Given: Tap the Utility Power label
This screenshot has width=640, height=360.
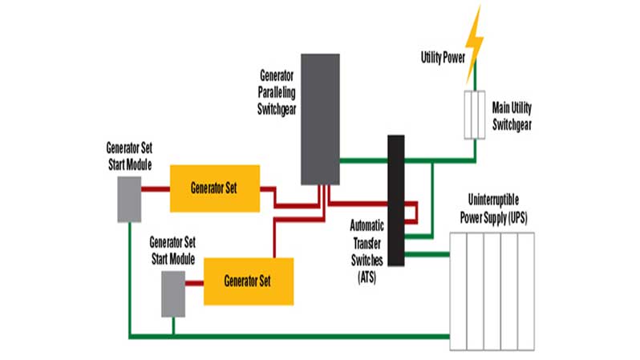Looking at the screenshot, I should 442,58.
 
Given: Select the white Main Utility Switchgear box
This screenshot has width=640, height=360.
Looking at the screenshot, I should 475,115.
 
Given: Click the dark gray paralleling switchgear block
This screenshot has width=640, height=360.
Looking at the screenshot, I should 321,119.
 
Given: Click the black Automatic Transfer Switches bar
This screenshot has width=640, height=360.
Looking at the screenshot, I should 395,200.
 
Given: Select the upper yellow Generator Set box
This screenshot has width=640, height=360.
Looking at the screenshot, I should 215,188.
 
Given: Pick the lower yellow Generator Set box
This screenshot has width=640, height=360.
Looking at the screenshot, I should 248,281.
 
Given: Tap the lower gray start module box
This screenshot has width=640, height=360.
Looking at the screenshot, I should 173,293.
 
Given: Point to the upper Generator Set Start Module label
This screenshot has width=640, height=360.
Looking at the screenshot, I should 129,155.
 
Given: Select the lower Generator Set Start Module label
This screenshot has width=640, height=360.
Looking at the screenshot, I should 172,250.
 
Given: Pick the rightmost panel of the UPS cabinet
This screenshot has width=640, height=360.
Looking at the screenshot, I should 525,292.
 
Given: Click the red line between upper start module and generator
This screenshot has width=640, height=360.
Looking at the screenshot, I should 156,190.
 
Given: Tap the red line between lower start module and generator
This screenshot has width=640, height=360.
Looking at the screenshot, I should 194,283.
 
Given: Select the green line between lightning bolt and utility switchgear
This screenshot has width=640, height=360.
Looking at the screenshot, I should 475,79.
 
